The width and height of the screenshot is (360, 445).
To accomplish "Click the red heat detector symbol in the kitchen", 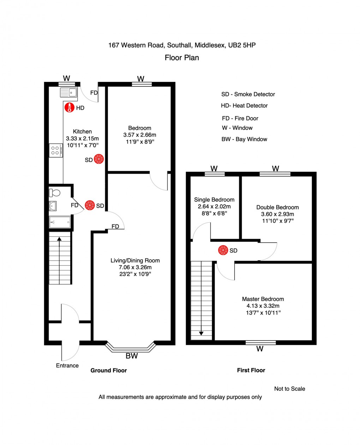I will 69,108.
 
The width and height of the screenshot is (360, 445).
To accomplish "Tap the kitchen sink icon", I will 68,93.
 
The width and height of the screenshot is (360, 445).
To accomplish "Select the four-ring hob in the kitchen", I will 55,151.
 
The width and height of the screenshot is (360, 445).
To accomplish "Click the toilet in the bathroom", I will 55,193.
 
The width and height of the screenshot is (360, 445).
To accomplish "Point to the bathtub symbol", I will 60,222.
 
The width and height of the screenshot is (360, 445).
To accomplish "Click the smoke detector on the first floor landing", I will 223,251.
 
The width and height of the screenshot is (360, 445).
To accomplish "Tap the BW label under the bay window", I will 132,356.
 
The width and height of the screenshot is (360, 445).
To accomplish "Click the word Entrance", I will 67,366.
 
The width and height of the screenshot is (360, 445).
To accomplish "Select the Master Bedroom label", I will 263,299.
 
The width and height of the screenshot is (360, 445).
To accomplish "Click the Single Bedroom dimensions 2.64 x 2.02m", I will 214,206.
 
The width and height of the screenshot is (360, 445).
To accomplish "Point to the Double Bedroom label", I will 277,207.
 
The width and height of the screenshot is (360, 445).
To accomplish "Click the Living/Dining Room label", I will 135,260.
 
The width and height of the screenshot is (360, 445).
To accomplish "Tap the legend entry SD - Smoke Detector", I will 248,94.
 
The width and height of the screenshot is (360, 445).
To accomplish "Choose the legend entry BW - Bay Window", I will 244,139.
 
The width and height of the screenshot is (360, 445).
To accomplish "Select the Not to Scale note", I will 289,389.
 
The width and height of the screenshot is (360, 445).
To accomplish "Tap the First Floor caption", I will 251,370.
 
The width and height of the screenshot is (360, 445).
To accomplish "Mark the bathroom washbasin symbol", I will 53,206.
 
